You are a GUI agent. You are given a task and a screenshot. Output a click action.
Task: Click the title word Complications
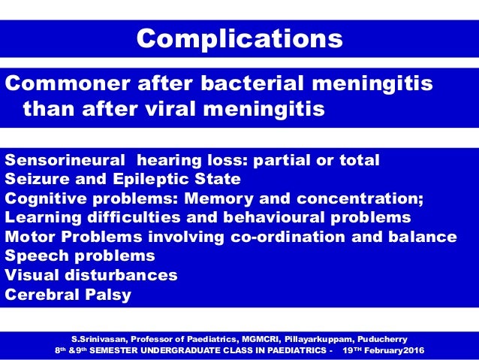[x=239, y=38]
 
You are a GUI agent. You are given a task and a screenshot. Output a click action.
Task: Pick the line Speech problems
[x=80, y=256]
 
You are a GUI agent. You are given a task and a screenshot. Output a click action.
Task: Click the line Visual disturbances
[x=91, y=275]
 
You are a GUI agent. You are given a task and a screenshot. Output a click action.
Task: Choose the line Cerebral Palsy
[x=68, y=295]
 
